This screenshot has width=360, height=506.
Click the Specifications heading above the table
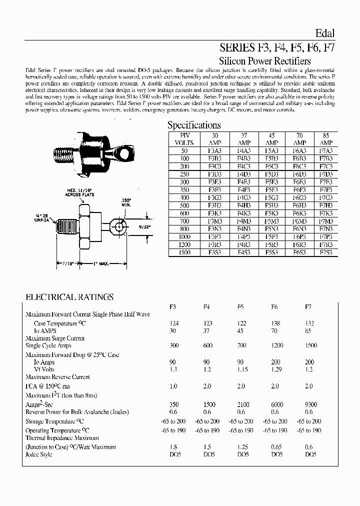(193, 125)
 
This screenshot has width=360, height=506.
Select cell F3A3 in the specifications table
(215, 150)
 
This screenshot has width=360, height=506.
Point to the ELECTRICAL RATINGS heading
(69, 297)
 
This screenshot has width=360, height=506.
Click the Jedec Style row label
(38, 454)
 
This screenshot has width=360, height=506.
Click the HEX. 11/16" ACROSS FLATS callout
(76, 192)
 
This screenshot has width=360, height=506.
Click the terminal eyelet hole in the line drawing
(119, 228)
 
